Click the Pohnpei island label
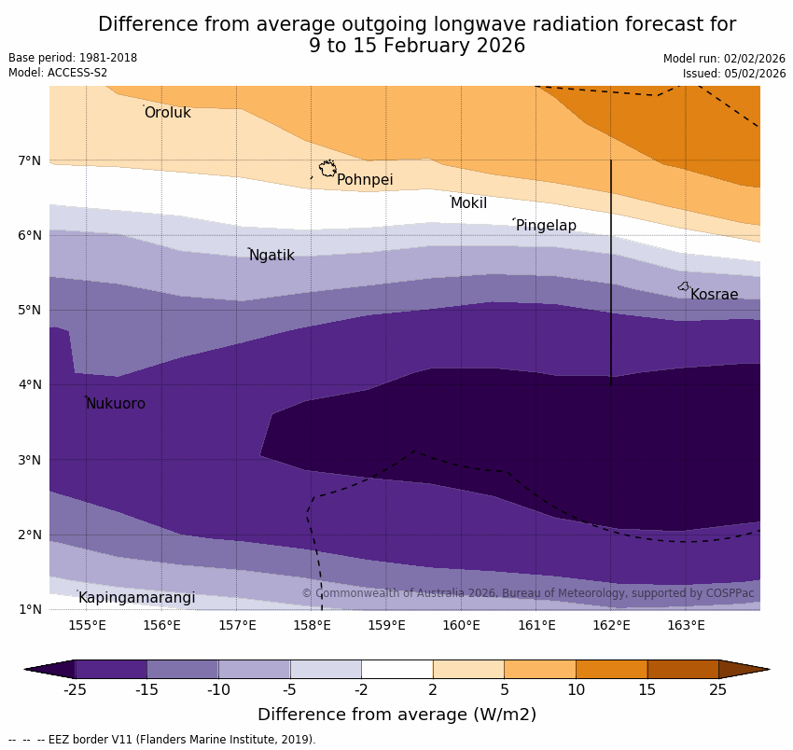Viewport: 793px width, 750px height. click(365, 180)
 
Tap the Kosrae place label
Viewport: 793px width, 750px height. click(714, 295)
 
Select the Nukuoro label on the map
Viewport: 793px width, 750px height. click(116, 404)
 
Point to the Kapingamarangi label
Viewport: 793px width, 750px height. click(136, 598)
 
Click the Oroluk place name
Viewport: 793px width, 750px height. click(167, 113)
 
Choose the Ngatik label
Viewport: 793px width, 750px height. click(271, 256)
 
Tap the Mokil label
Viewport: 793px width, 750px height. click(468, 203)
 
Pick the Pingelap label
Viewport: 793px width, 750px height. click(546, 226)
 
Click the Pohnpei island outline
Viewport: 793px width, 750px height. click(327, 169)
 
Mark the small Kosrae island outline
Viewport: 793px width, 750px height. click(684, 286)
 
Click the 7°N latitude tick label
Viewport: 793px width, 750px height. click(30, 160)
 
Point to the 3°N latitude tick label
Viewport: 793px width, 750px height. click(30, 460)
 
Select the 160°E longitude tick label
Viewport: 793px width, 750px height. click(461, 625)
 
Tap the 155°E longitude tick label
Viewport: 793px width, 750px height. click(87, 625)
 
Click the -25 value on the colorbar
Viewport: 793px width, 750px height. click(75, 690)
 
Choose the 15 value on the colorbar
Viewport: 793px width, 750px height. click(647, 690)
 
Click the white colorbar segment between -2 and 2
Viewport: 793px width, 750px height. click(396, 669)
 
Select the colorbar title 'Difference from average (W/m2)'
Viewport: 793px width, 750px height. click(396, 715)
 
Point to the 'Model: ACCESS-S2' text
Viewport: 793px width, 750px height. click(58, 73)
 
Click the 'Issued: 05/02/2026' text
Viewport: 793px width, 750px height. click(734, 74)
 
